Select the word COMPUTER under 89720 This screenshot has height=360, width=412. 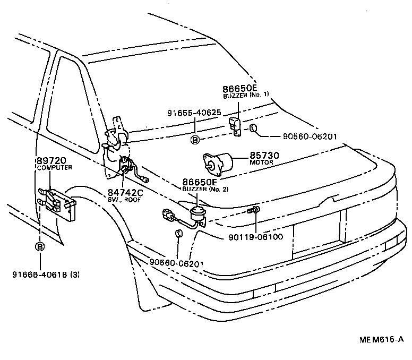pyautogui.click(x=55, y=168)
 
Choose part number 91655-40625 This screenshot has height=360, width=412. pyautogui.click(x=194, y=113)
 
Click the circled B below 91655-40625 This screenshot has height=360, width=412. pyautogui.click(x=195, y=140)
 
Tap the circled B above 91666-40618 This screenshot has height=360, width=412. pyautogui.click(x=40, y=246)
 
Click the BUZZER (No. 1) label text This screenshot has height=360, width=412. pyautogui.click(x=246, y=94)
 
